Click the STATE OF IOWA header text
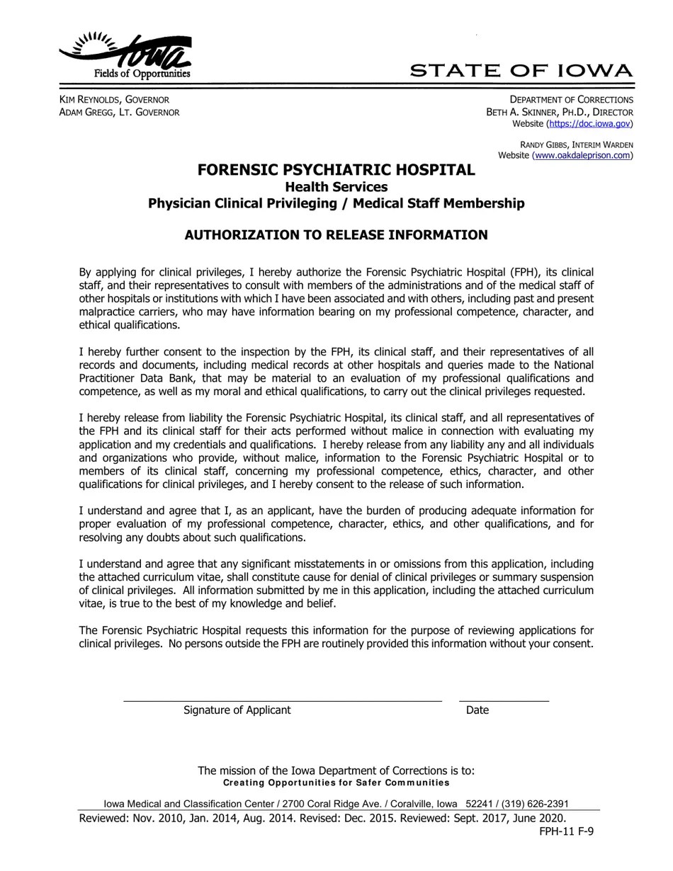[521, 71]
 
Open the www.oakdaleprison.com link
[582, 156]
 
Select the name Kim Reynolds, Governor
[114, 100]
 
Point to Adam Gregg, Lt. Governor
[119, 113]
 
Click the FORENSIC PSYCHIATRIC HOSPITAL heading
[336, 170]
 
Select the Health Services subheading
[336, 187]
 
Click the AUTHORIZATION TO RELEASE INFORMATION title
[336, 235]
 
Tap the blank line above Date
[504, 700]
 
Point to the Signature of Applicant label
[237, 710]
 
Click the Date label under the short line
[477, 710]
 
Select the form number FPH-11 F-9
[566, 831]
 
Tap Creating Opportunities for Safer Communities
[336, 782]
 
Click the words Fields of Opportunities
[142, 74]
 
